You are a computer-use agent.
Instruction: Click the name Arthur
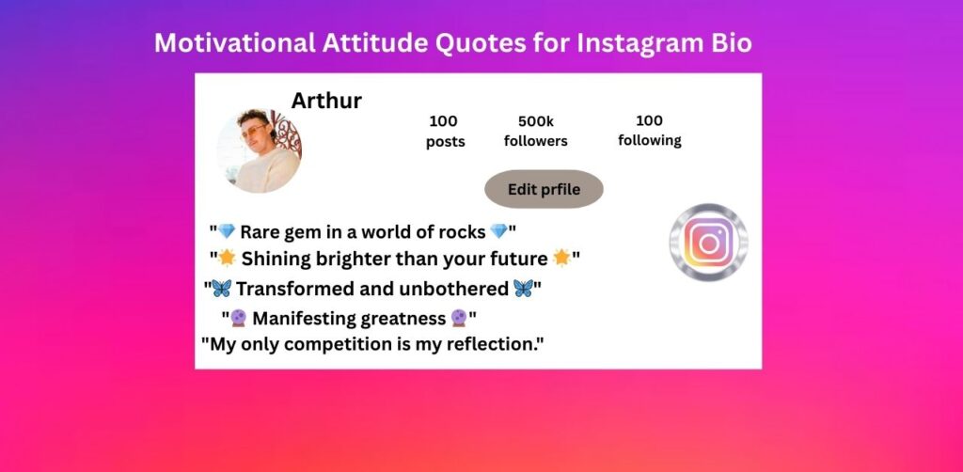(326, 101)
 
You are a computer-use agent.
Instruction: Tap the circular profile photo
(260, 151)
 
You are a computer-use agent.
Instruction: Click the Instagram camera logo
(709, 244)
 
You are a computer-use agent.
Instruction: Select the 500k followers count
(535, 121)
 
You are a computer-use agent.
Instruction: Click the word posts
(445, 142)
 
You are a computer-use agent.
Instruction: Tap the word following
(650, 140)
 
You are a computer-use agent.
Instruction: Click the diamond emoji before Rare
(227, 231)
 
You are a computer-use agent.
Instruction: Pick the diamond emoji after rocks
(498, 231)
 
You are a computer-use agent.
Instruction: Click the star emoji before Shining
(228, 259)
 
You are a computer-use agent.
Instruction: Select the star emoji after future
(561, 259)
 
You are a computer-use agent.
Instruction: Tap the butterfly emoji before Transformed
(221, 288)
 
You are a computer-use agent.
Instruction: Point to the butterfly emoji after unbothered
(523, 288)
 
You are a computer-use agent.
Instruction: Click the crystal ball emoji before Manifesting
(238, 318)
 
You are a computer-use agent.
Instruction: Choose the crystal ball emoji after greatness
(459, 318)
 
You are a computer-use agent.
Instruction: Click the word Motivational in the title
(234, 43)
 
